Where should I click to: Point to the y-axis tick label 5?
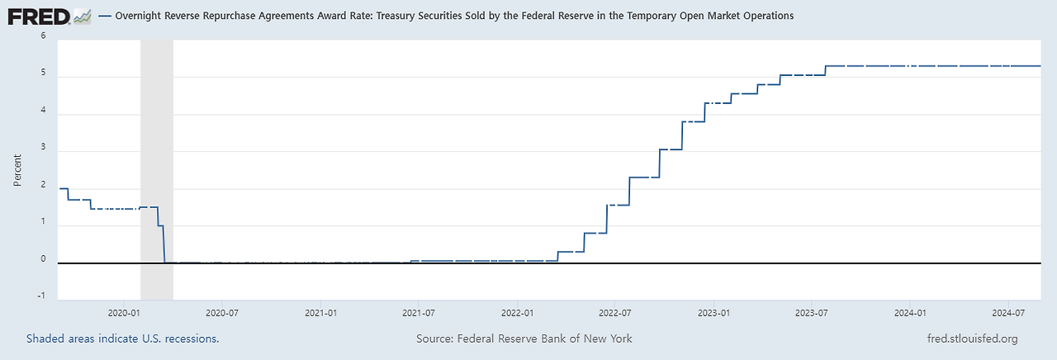pos(43,76)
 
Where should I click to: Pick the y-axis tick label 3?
pos(43,150)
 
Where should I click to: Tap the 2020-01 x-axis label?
pos(124,313)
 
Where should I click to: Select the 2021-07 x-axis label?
pos(419,313)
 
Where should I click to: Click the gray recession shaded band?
pos(157,165)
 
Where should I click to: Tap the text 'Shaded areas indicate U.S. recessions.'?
pos(122,339)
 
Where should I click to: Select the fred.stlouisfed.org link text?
pos(973,339)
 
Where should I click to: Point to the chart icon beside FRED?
pos(81,16)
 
